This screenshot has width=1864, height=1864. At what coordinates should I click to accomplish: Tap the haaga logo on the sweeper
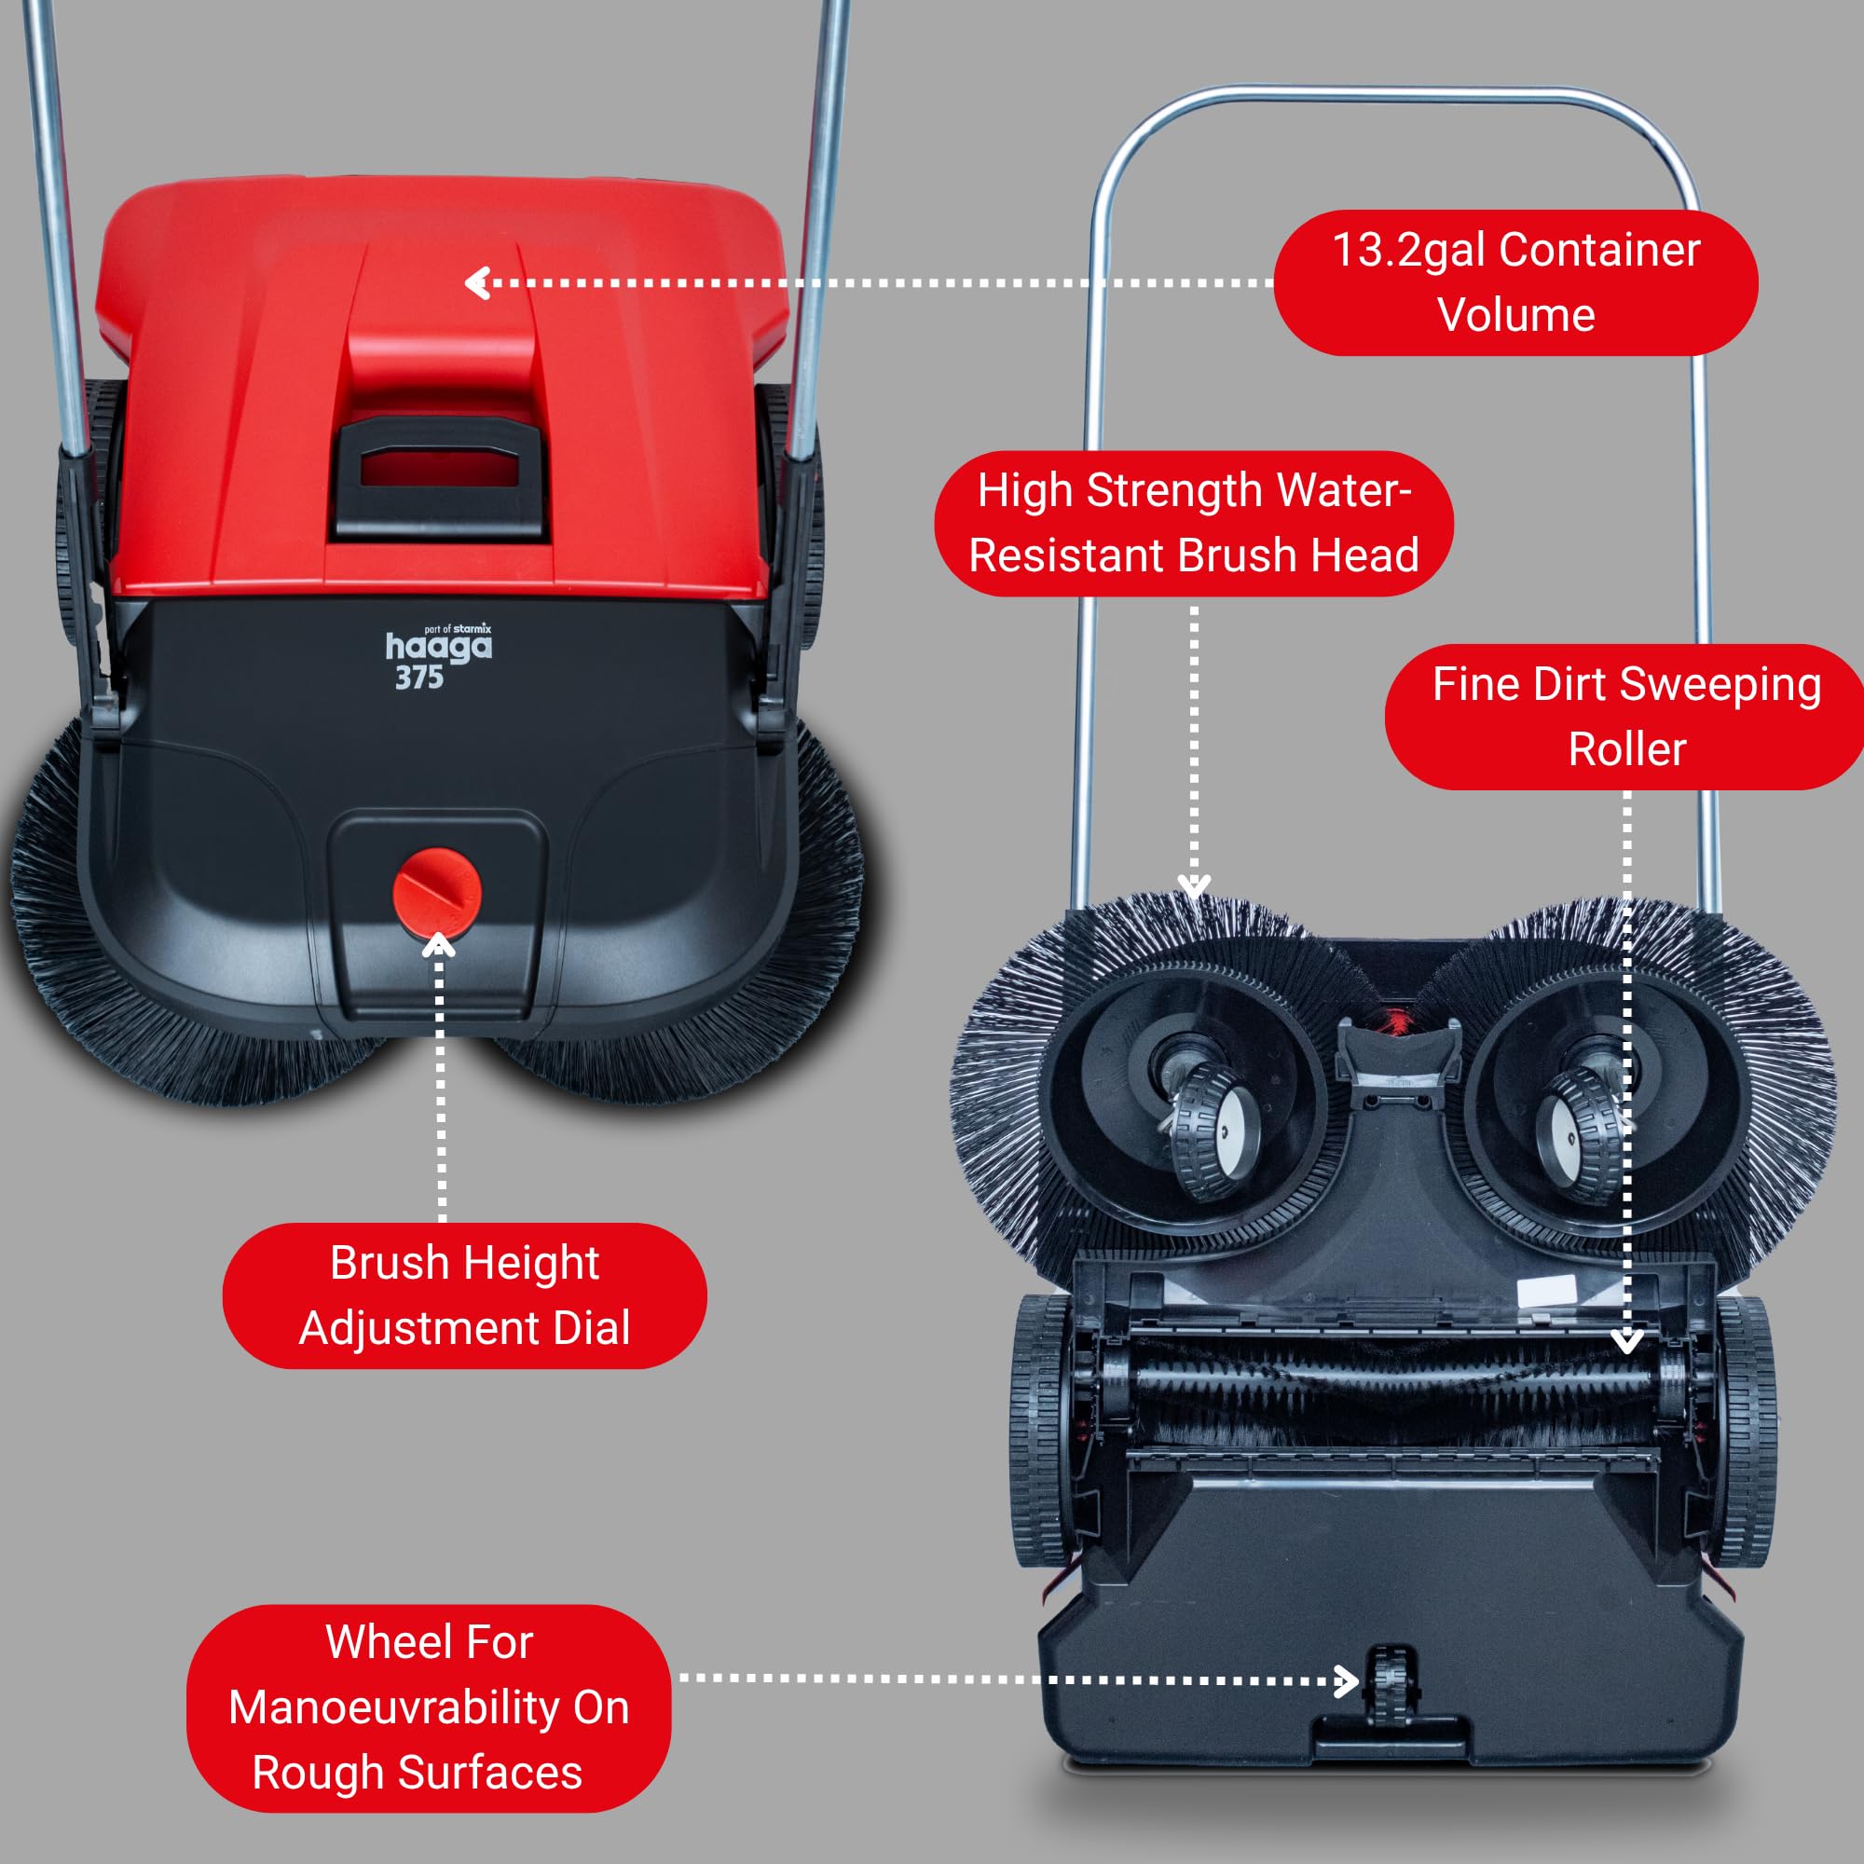(x=439, y=646)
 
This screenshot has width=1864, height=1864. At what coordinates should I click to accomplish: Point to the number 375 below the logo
(x=418, y=678)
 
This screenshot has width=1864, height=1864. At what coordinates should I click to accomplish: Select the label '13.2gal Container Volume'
(x=1515, y=282)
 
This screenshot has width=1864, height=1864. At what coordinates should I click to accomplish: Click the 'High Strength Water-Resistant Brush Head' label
(x=1194, y=523)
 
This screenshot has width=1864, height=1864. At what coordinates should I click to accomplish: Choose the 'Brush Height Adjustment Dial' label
(x=464, y=1295)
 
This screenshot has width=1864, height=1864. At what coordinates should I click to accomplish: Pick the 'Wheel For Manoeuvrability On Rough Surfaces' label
(x=429, y=1707)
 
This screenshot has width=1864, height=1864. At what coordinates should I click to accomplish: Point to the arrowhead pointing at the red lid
(x=476, y=282)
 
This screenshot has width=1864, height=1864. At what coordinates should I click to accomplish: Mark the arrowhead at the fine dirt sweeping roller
(x=1626, y=1342)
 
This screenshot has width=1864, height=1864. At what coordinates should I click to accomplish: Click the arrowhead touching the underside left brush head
(x=1195, y=886)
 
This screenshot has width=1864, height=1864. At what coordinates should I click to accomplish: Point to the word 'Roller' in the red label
(x=1626, y=749)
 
